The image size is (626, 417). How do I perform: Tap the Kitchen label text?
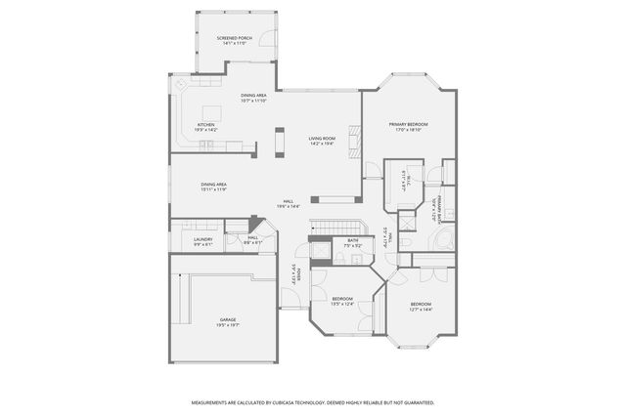pyautogui.click(x=205, y=126)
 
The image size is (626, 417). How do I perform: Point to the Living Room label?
pyautogui.click(x=322, y=142)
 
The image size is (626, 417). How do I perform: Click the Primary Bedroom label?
pyautogui.click(x=408, y=126)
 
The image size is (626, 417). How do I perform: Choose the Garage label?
pyautogui.click(x=227, y=321)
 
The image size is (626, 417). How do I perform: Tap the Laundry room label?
pyautogui.click(x=202, y=241)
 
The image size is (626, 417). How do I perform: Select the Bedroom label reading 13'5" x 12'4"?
pyautogui.click(x=341, y=301)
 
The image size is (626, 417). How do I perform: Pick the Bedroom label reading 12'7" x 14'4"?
pyautogui.click(x=421, y=306)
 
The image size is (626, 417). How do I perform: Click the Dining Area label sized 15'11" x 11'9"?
pyautogui.click(x=213, y=187)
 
